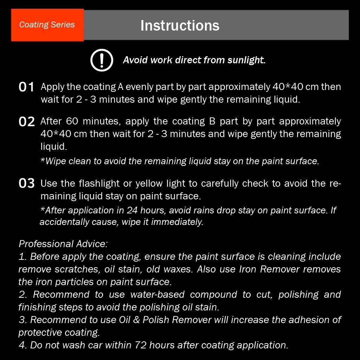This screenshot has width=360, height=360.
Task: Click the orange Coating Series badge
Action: pos(47,25)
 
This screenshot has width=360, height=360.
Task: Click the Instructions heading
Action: pos(180,25)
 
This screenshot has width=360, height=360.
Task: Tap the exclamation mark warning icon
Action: pos(102,60)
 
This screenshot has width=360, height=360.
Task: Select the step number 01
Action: pos(26,87)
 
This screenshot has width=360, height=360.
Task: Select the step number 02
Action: pos(27,122)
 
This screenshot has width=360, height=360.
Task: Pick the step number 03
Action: pos(27,184)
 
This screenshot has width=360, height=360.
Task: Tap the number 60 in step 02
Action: pos(72,121)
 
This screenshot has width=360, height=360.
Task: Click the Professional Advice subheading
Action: pos(63,244)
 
